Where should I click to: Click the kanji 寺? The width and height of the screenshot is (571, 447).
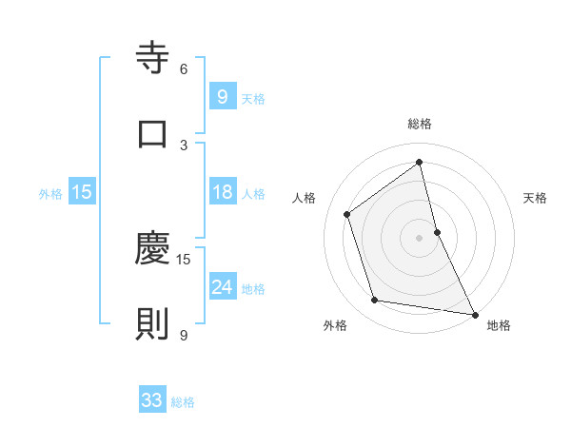(152, 58)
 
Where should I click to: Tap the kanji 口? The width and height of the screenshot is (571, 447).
(152, 134)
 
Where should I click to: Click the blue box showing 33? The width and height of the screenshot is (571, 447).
(152, 400)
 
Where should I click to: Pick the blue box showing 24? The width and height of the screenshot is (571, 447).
(223, 287)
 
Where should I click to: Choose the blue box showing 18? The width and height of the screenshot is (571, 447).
(223, 192)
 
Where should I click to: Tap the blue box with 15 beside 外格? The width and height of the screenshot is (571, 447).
(82, 192)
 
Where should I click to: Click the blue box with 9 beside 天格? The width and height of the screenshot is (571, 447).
(222, 96)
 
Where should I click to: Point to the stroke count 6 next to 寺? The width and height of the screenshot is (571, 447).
(184, 68)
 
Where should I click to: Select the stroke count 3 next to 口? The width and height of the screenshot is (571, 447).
(184, 145)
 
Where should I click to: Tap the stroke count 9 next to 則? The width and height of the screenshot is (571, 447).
(184, 335)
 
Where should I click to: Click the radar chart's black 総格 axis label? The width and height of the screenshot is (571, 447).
(420, 124)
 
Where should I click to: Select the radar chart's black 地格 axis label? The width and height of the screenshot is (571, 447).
(499, 325)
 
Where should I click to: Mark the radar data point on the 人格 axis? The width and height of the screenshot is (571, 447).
(347, 214)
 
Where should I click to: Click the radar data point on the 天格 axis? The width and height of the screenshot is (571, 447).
(437, 231)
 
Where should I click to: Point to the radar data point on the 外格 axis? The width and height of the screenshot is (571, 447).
(375, 301)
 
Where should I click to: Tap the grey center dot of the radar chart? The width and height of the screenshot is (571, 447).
(420, 237)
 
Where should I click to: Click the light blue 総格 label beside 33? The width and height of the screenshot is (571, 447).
(183, 402)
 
